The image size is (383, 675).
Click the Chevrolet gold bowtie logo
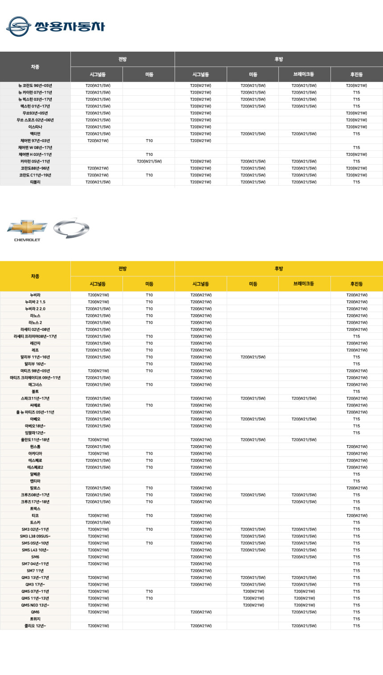(x=27, y=227)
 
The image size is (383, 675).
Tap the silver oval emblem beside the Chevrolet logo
(x=71, y=228)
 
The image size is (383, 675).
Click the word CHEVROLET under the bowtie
(x=27, y=240)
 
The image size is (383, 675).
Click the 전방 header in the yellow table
(x=122, y=268)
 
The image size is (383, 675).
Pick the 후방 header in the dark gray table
(x=279, y=59)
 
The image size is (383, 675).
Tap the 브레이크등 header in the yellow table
(x=305, y=284)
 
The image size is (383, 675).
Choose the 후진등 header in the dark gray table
(x=357, y=74)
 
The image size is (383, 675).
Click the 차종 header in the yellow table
(x=35, y=276)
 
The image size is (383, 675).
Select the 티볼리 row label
(x=35, y=182)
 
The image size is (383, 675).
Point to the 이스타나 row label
(x=35, y=127)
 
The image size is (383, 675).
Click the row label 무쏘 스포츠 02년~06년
(x=35, y=120)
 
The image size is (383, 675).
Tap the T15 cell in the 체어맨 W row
(x=357, y=147)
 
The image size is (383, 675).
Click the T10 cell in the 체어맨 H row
(x=149, y=155)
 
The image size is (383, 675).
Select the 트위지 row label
(x=35, y=619)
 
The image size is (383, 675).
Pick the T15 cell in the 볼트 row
(x=357, y=391)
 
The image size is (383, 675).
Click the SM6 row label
(x=35, y=557)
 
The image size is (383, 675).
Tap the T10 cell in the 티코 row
(x=149, y=516)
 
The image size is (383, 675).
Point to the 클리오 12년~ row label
(x=35, y=626)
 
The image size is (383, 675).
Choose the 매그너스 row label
(x=35, y=385)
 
